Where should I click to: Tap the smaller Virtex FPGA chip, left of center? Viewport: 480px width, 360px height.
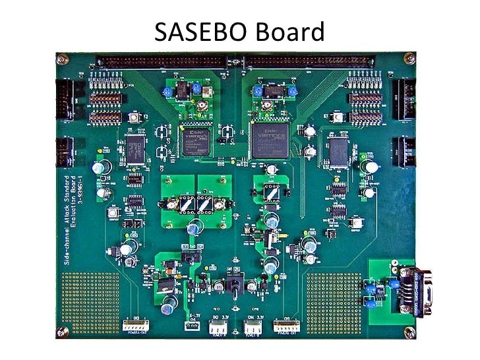tap(195, 141)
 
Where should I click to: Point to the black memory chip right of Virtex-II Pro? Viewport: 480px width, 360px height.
tap(338, 151)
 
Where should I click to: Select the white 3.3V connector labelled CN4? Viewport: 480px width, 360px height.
tap(254, 326)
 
